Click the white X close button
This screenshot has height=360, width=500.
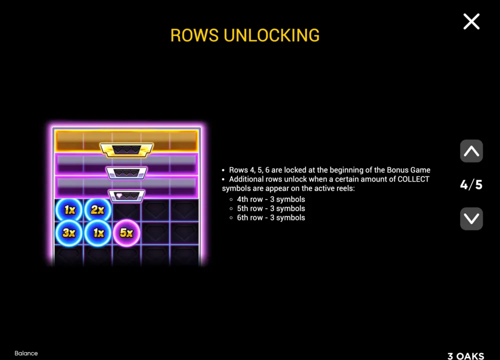[471, 21]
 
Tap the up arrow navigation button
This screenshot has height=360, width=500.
[471, 151]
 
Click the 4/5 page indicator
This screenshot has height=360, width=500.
[471, 184]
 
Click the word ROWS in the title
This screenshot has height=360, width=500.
[194, 35]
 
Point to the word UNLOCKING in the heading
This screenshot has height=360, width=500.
[271, 35]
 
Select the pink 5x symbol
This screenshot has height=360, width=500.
[126, 233]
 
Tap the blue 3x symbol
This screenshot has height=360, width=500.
[69, 233]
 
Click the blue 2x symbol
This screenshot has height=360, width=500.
[97, 210]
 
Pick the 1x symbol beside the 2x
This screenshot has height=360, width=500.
[69, 210]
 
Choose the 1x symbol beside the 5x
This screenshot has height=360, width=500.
[97, 233]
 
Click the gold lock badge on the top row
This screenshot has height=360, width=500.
[126, 150]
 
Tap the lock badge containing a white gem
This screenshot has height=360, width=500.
[126, 195]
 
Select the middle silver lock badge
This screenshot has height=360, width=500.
[126, 173]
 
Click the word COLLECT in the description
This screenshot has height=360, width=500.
[413, 179]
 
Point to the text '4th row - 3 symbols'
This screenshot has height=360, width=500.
[270, 199]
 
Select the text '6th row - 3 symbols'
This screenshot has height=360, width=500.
[270, 218]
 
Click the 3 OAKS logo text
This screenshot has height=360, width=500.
[465, 356]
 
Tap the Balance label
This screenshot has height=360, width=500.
[26, 353]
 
